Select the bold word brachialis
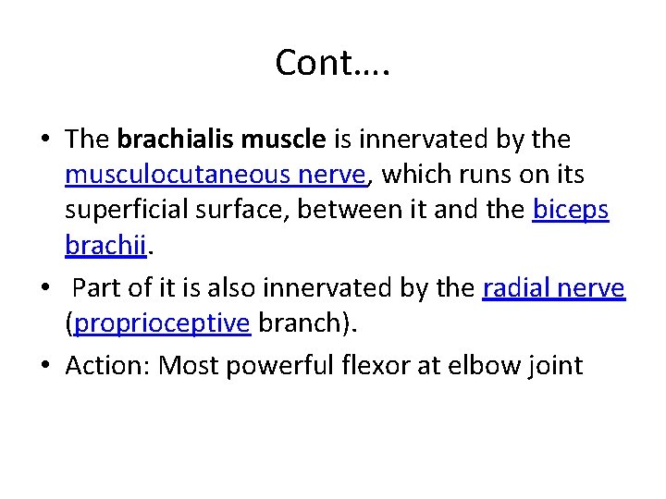[176, 140]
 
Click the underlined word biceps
[571, 211]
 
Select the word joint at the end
[557, 367]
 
